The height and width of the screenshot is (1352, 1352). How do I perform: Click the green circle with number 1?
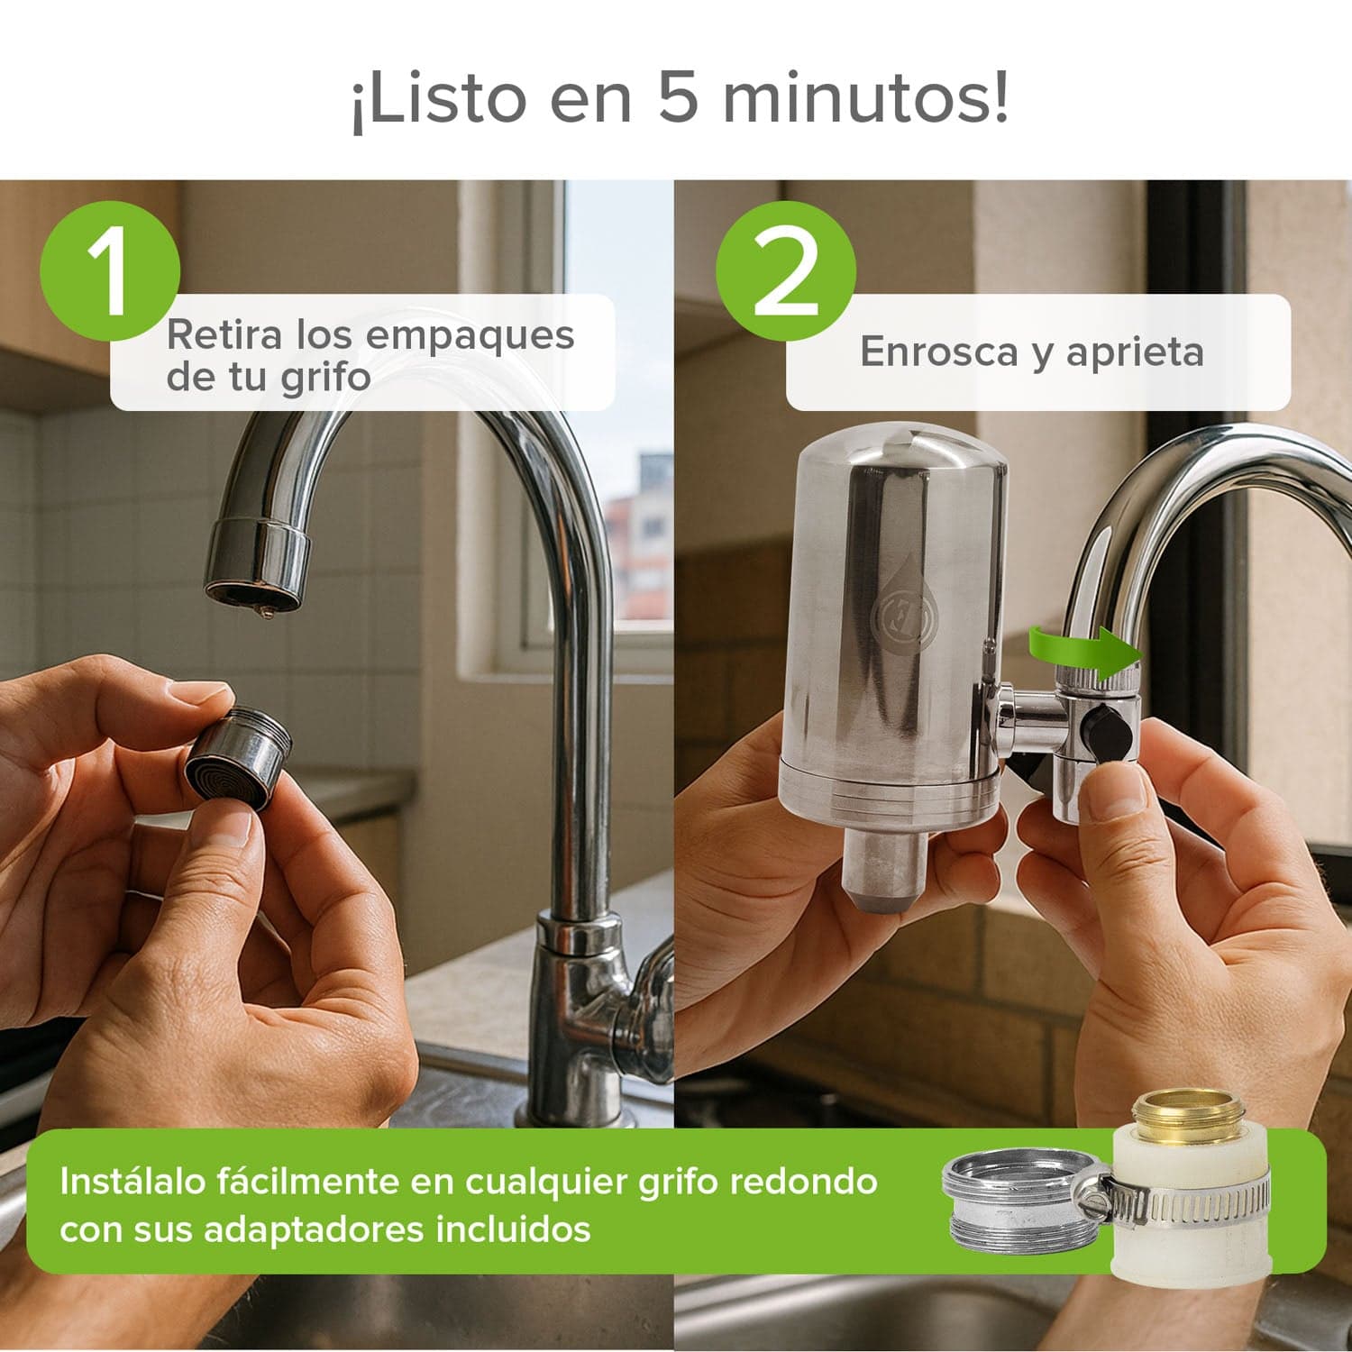[110, 270]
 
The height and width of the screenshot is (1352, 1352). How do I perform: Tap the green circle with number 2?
[786, 270]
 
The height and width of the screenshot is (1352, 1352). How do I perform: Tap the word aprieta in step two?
[1135, 352]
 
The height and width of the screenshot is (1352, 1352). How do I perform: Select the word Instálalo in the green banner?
[131, 1181]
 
